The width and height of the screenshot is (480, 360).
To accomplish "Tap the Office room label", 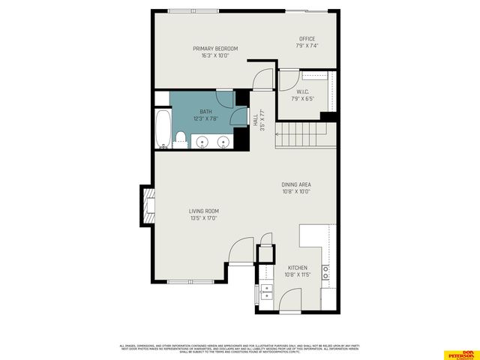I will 307,39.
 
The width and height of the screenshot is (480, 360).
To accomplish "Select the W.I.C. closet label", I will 303,92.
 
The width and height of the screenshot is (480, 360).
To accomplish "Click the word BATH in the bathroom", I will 205,112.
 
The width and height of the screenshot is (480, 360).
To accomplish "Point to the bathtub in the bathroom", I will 163,129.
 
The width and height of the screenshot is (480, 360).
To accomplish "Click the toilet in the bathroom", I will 181,138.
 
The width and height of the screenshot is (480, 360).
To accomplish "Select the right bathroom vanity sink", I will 223,141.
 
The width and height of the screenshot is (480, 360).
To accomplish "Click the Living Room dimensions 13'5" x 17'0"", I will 204,219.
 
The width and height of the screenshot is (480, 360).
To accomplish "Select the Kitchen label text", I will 298,268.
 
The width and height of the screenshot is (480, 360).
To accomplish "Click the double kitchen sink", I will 265,293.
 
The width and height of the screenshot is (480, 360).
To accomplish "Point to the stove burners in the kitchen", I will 327,272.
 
